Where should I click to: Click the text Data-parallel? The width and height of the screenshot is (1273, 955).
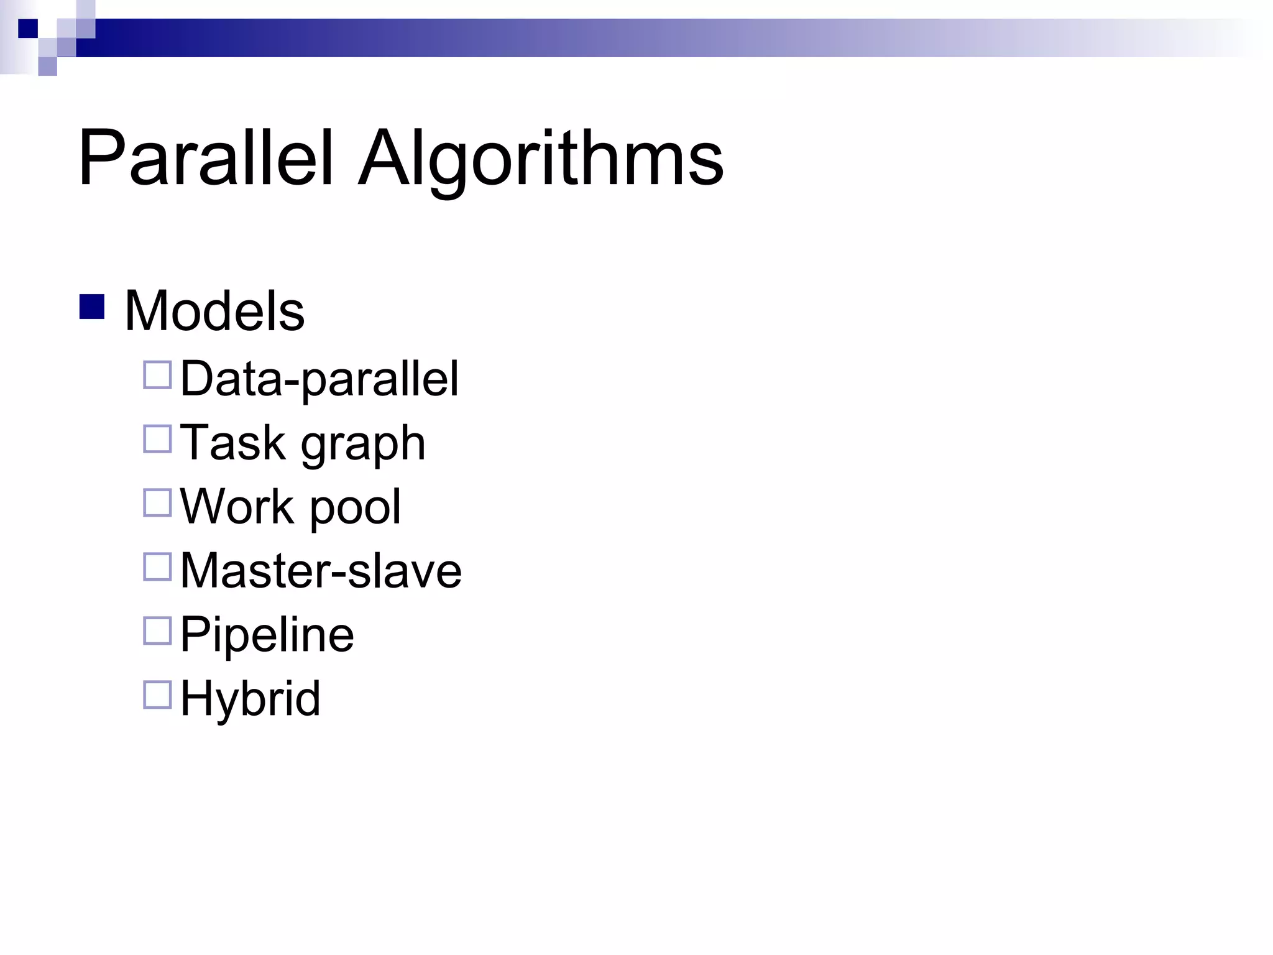[x=319, y=379]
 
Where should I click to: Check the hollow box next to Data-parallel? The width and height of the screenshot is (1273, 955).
[x=157, y=375]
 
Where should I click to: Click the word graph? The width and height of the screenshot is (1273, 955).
[x=363, y=445]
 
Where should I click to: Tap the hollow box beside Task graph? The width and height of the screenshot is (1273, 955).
[x=157, y=439]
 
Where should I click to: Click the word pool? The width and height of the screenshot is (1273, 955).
[x=355, y=509]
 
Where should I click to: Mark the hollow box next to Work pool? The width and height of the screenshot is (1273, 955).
[x=157, y=503]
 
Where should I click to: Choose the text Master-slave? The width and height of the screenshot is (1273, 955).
[x=321, y=570]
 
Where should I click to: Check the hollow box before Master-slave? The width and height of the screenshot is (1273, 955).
[x=157, y=567]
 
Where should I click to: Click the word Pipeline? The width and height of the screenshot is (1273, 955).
[x=267, y=635]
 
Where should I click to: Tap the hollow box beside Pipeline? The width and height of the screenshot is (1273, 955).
[x=157, y=630]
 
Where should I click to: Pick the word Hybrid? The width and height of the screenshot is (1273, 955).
[x=250, y=699]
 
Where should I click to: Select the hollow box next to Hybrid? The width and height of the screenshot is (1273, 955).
[x=157, y=695]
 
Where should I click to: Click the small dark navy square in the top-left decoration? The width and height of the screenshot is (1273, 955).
[x=28, y=29]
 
